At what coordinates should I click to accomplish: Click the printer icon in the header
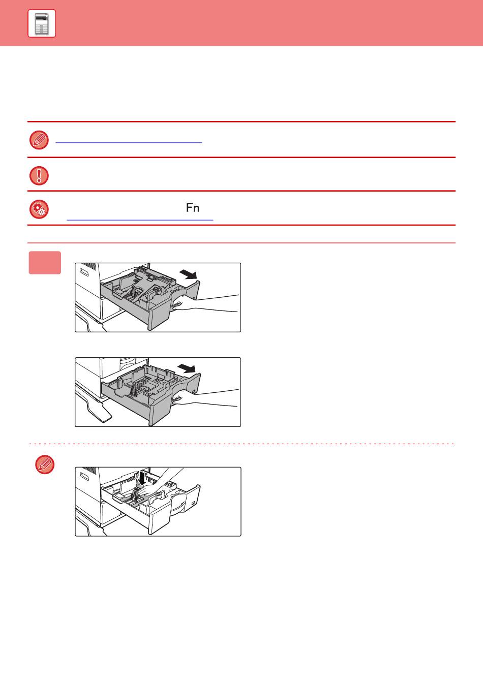point(42,23)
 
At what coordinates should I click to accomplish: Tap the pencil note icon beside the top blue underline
point(39,140)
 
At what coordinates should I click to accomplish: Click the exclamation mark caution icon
point(39,176)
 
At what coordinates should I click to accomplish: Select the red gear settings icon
point(39,209)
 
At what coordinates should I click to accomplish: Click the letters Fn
point(193,208)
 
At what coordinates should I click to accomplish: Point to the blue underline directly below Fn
point(140,220)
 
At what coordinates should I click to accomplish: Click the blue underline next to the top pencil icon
point(129,142)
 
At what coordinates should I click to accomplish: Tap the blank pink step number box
point(45,263)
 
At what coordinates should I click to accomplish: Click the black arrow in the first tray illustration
point(188,274)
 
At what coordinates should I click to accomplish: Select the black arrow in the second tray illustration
point(187,368)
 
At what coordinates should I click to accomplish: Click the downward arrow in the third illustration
point(141,478)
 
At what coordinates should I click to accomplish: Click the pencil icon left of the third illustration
point(45,464)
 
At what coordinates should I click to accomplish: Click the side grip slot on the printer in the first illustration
point(84,272)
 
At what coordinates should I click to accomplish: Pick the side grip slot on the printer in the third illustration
point(84,476)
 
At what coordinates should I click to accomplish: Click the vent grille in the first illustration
point(89,266)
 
